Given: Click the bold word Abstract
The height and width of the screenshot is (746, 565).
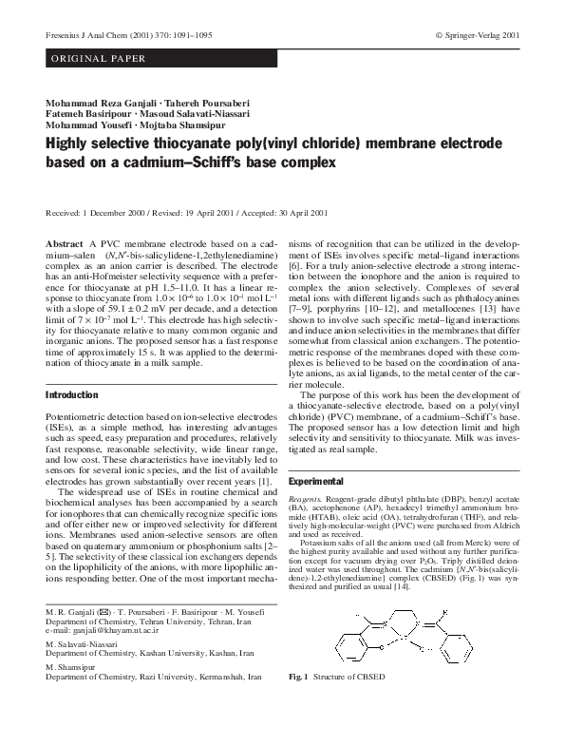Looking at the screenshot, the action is pyautogui.click(x=65, y=244).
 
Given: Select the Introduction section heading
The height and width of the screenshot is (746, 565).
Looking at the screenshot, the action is pyautogui.click(x=72, y=394).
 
